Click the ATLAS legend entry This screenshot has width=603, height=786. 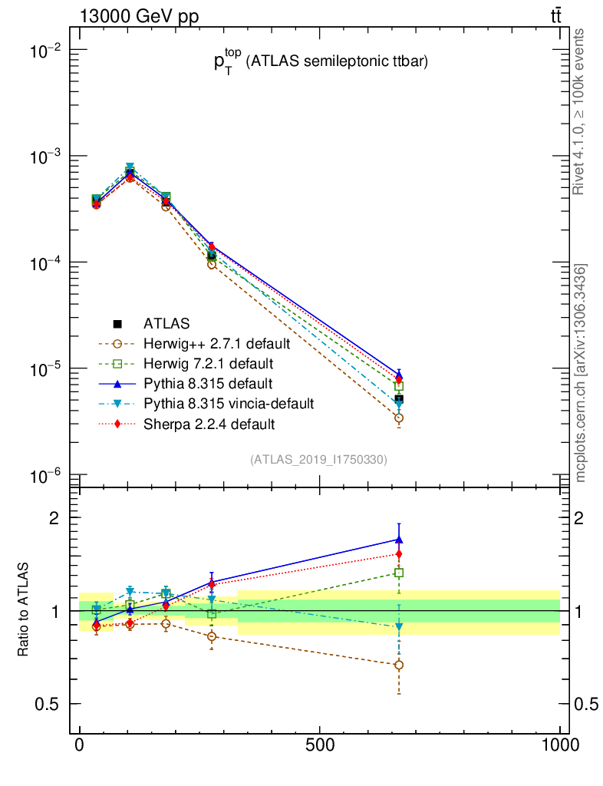[166, 323]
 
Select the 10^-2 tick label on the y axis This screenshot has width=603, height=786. [44, 51]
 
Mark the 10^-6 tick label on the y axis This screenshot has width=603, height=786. [44, 477]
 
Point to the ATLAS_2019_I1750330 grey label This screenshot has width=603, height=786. [318, 460]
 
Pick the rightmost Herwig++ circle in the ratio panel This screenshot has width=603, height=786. [399, 665]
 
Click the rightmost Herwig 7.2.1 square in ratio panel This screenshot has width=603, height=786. [399, 573]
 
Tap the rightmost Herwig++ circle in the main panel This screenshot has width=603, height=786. [399, 418]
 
